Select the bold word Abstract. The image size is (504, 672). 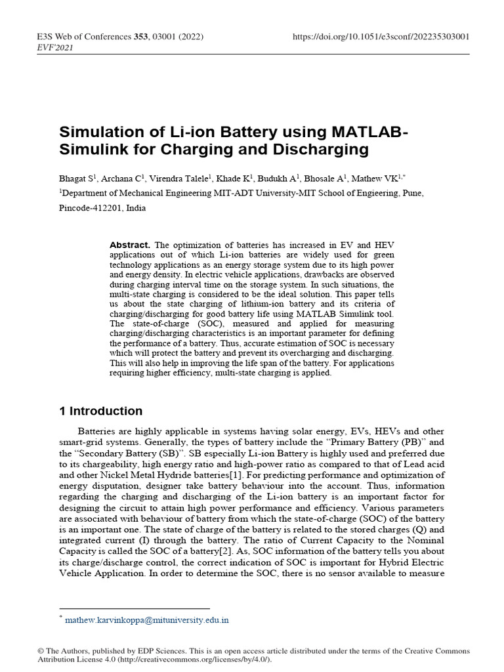(129, 245)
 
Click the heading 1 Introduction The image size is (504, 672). (100, 411)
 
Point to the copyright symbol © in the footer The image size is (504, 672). (41, 651)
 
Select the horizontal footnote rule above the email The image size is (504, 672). (135, 608)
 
